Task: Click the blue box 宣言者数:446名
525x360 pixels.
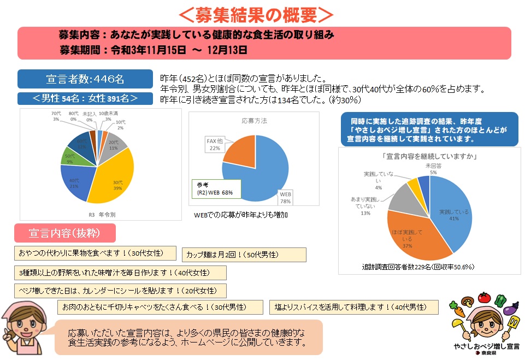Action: pos(85,79)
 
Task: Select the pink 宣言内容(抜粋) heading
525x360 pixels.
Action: pos(64,233)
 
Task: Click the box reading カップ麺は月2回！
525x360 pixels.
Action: pos(244,255)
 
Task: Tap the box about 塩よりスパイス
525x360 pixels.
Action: pos(354,307)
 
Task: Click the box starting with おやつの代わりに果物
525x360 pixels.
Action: pos(95,253)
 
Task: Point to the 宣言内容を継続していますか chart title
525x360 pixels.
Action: pos(430,156)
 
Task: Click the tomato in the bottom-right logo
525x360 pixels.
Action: pos(483,298)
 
